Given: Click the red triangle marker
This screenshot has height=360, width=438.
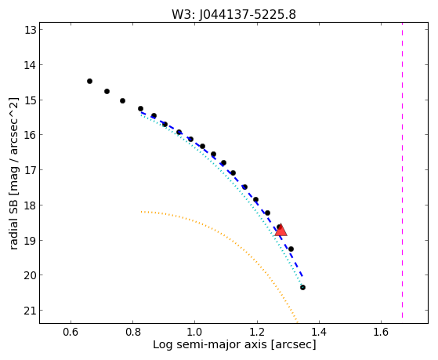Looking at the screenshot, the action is click(x=281, y=231).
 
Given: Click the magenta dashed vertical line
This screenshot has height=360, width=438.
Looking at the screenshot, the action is click(x=402, y=170).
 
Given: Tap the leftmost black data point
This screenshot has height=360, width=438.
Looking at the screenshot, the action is click(x=89, y=81).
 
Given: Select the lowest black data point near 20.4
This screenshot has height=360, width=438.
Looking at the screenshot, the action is click(x=302, y=287).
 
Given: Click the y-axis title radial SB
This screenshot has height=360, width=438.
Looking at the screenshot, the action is click(x=13, y=173).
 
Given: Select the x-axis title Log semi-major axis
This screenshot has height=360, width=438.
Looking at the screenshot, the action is click(x=234, y=344).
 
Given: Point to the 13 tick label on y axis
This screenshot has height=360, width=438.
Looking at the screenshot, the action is click(x=31, y=30).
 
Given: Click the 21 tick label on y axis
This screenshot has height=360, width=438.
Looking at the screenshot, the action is click(x=31, y=311).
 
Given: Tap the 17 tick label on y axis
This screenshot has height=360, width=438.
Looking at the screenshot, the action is click(x=31, y=169).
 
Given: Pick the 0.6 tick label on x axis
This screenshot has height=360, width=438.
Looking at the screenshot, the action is click(x=71, y=332).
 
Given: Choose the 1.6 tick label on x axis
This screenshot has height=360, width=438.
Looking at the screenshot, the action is click(x=381, y=332).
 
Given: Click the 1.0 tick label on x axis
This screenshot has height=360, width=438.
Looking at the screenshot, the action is click(x=194, y=332).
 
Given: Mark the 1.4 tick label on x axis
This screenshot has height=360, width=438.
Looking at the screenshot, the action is click(x=319, y=332).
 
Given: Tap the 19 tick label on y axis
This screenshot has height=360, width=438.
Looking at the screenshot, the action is click(x=31, y=240).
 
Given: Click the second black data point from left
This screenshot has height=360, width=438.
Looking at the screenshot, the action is click(x=107, y=91).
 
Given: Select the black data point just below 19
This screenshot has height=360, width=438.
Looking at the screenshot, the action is click(x=291, y=249).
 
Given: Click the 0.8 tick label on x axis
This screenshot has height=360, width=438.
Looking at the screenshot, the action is click(x=132, y=332).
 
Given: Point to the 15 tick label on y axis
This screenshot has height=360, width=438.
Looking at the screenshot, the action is click(x=31, y=100).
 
